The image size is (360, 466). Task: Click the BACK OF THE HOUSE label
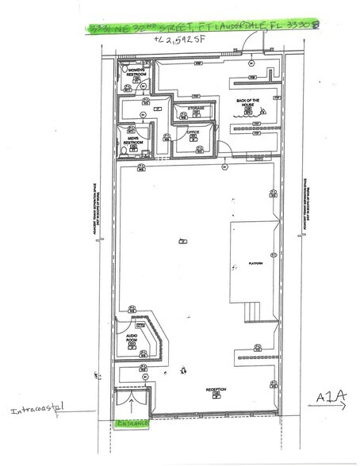pyautogui.click(x=249, y=102)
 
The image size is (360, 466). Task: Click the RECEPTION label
pyautogui.click(x=215, y=389)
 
